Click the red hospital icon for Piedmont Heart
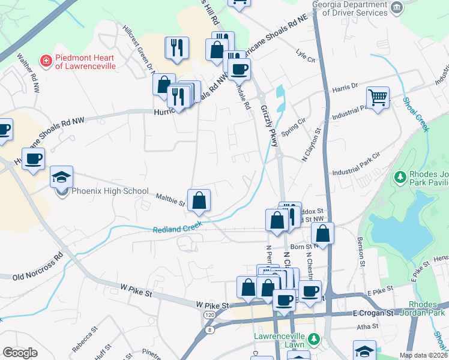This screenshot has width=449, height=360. pos(45,61)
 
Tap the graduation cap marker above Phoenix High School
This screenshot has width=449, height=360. pos(61,177)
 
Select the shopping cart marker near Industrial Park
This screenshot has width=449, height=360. pos(378,97)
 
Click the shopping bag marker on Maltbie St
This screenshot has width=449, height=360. pos(199,200)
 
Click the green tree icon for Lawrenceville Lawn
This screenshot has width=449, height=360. pos(313,339)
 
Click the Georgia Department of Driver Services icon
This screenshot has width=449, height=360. pos(396,7)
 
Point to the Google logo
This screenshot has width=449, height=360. pos(20,352)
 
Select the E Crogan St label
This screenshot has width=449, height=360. pos(373,313)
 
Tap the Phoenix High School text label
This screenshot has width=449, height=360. pos(110,191)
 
